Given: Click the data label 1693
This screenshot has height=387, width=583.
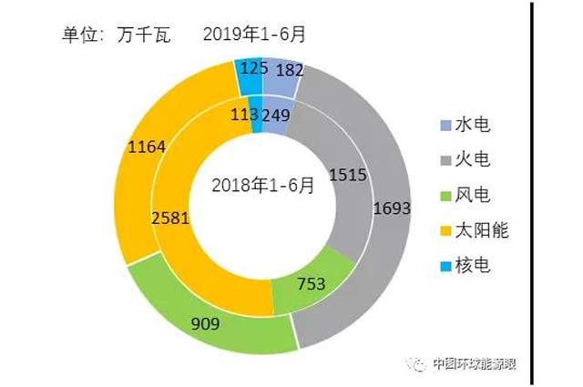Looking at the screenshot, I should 393,208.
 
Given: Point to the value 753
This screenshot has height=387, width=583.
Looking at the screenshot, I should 312,282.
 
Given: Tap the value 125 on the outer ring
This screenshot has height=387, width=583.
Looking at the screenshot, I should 247,67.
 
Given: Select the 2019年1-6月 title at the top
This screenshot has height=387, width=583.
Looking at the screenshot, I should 255,34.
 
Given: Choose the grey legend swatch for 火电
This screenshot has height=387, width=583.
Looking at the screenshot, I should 445,160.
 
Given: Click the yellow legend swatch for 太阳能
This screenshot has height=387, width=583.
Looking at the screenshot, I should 445,231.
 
